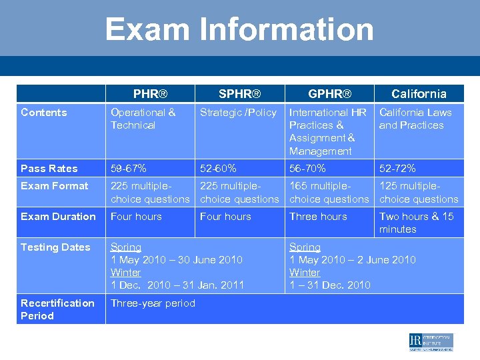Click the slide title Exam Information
[x=239, y=30]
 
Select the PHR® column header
[x=150, y=94]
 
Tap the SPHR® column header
[x=239, y=94]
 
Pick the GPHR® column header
[x=329, y=94]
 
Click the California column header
[x=419, y=94]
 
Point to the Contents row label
[x=44, y=113]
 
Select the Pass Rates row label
[x=49, y=169]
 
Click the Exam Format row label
[x=54, y=186]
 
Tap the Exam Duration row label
[x=58, y=217]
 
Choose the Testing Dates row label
[x=55, y=247]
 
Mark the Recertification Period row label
[x=57, y=309]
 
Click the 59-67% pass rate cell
[x=129, y=169]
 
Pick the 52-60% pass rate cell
[x=218, y=169]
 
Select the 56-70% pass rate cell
[x=307, y=169]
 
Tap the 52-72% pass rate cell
[x=397, y=169]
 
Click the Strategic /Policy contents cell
[x=238, y=113]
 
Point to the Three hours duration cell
[x=318, y=217]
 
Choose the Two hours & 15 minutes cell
[x=416, y=223]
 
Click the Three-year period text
[x=153, y=303]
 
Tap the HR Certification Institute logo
[x=431, y=342]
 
